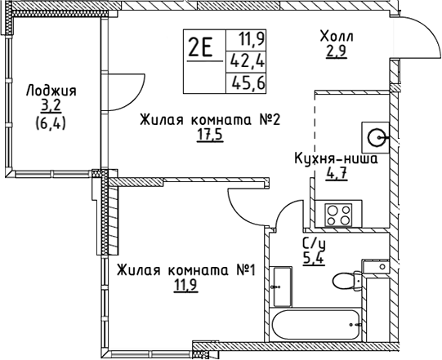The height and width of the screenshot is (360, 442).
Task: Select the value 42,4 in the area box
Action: [x=248, y=61]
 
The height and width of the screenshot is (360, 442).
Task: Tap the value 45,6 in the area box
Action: [x=248, y=82]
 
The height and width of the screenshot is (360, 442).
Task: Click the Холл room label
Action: [x=337, y=37]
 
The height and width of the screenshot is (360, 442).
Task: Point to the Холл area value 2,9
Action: [x=337, y=51]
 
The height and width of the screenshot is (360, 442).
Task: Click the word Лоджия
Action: [x=51, y=91]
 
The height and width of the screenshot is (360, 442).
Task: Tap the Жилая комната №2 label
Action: [x=210, y=120]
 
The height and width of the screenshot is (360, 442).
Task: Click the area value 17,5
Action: [x=210, y=136]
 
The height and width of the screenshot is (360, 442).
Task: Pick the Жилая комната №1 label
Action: [x=186, y=270]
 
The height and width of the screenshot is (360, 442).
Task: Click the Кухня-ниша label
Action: [x=336, y=158]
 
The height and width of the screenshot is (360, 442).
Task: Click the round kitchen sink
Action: [x=377, y=137]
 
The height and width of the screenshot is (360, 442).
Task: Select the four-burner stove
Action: [x=338, y=215]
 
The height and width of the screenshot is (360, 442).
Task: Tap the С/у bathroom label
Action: [x=314, y=245]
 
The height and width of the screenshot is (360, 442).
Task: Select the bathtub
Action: [x=316, y=325]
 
